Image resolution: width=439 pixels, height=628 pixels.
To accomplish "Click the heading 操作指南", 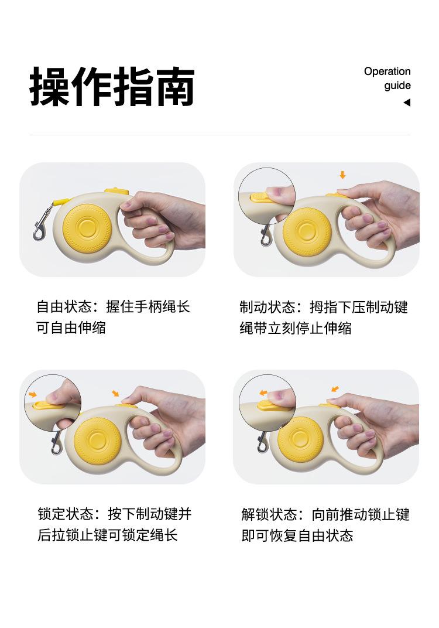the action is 112,87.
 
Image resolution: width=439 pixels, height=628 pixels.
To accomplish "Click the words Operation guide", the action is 387,78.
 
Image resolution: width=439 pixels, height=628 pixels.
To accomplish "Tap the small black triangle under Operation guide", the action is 407,103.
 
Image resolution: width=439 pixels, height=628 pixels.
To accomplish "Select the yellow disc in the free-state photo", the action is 87,227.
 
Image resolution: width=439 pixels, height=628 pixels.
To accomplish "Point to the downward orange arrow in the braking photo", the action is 342,175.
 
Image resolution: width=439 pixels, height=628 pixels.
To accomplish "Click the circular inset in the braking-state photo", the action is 266,196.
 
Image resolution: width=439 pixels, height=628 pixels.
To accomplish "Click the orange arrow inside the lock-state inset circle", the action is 33,395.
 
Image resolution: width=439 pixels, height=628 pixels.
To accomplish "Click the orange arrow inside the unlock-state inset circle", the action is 263,393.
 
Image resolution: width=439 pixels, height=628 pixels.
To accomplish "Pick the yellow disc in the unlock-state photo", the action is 300,438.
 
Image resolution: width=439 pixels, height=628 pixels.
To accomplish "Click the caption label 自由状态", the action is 64,307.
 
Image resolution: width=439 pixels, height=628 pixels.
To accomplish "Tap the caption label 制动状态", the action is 267,307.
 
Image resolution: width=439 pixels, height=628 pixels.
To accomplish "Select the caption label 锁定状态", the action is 66,514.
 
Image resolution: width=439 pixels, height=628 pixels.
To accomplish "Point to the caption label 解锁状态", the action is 269,515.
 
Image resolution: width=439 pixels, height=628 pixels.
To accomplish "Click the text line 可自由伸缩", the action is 71,327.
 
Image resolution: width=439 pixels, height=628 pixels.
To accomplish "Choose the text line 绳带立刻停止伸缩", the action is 296,328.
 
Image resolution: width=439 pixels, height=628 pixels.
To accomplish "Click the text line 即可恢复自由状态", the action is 297,535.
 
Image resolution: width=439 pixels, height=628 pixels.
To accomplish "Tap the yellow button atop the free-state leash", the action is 116,191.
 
